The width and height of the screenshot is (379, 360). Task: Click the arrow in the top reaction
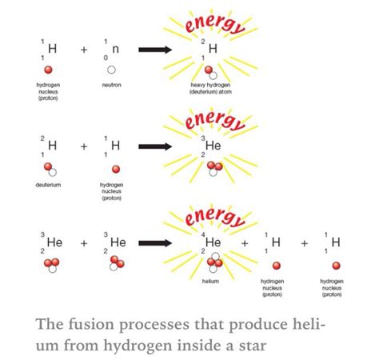coord(167,50)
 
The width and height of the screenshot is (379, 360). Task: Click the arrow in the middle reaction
coord(167,146)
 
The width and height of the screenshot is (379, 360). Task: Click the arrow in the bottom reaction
coord(167,242)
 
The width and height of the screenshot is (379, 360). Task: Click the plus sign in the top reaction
coord(84,50)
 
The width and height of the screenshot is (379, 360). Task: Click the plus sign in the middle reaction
coord(84,146)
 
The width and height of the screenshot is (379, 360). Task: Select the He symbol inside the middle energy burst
coord(214,146)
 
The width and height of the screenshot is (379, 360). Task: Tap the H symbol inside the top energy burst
coord(212,50)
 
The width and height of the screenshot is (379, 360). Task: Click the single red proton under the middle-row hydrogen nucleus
coord(117,169)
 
